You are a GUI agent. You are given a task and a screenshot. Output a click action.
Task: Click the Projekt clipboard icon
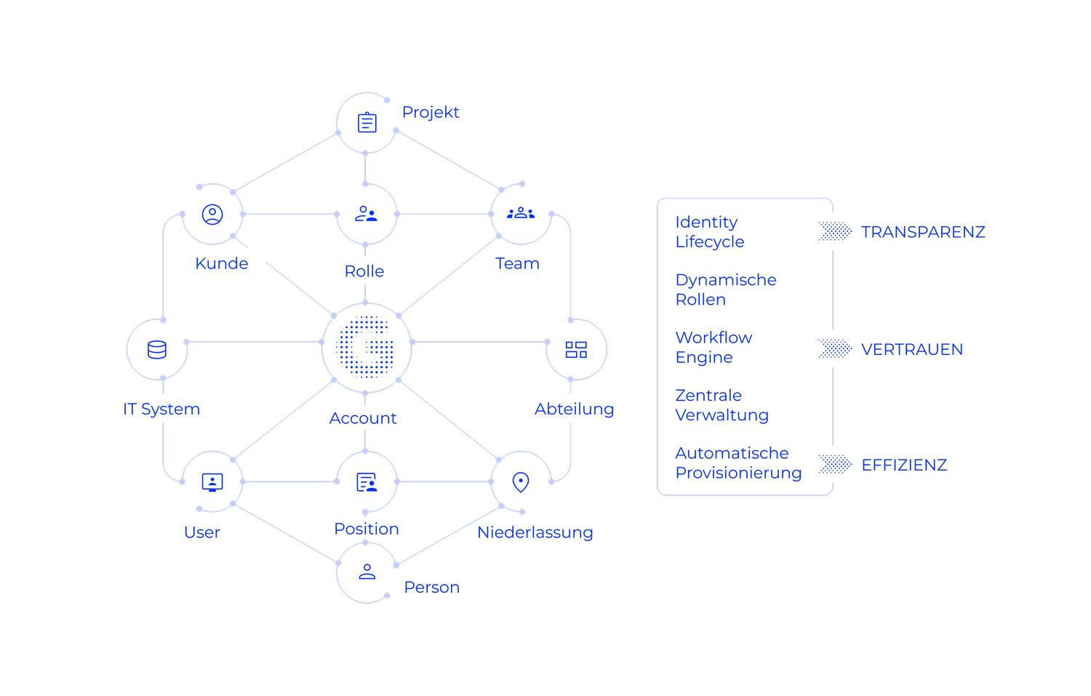click(367, 122)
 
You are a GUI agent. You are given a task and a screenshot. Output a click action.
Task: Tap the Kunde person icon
click(212, 215)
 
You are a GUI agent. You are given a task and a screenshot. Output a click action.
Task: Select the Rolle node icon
click(365, 214)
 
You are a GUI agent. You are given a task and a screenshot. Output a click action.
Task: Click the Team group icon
click(521, 213)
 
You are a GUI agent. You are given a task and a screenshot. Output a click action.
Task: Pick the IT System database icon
click(156, 350)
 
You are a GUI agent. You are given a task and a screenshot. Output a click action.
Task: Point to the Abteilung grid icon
click(577, 350)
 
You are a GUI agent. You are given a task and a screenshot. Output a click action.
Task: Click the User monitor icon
click(212, 481)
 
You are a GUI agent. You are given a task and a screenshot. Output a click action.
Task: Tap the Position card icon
click(366, 481)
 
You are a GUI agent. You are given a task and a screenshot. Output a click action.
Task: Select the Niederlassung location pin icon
click(520, 481)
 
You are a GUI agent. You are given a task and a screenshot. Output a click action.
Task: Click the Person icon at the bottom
click(367, 572)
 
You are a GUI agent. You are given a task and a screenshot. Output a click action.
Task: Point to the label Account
click(362, 419)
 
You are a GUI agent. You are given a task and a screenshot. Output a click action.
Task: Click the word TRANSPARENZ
click(923, 233)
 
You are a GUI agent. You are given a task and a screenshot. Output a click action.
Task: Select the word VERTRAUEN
click(912, 350)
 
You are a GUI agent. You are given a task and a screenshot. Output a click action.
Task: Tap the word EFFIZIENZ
click(904, 465)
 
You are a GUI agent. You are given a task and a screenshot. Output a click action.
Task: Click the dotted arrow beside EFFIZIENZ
click(835, 465)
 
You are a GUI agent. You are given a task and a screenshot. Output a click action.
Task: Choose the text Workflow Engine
click(714, 348)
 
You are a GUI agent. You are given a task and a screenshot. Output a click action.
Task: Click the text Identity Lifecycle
click(709, 232)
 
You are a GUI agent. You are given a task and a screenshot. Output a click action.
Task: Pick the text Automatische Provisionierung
click(738, 463)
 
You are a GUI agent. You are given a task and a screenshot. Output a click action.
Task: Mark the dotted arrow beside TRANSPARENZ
click(835, 232)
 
